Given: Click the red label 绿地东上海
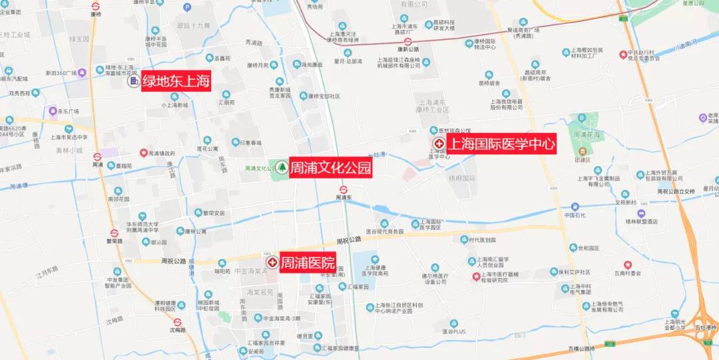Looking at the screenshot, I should coord(176,83).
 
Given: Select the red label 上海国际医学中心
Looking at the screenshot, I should coord(501,144).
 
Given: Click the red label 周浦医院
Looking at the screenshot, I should coord(307,262).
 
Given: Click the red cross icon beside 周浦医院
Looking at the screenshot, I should coord(272,262).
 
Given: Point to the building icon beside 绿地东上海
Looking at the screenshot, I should coord(133,82).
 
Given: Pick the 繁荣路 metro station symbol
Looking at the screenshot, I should coord(115,232).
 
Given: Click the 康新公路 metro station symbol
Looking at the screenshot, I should coord(408,41).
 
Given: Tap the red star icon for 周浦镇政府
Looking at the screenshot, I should coord(142,152).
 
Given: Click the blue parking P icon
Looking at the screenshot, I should coord(187,7).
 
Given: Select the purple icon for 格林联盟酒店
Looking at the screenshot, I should coord(640,213).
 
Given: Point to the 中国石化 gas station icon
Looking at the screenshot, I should coord(574,206).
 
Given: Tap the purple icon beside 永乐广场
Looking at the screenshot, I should coord(53,111).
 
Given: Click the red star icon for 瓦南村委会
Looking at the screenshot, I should coord(627,264).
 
